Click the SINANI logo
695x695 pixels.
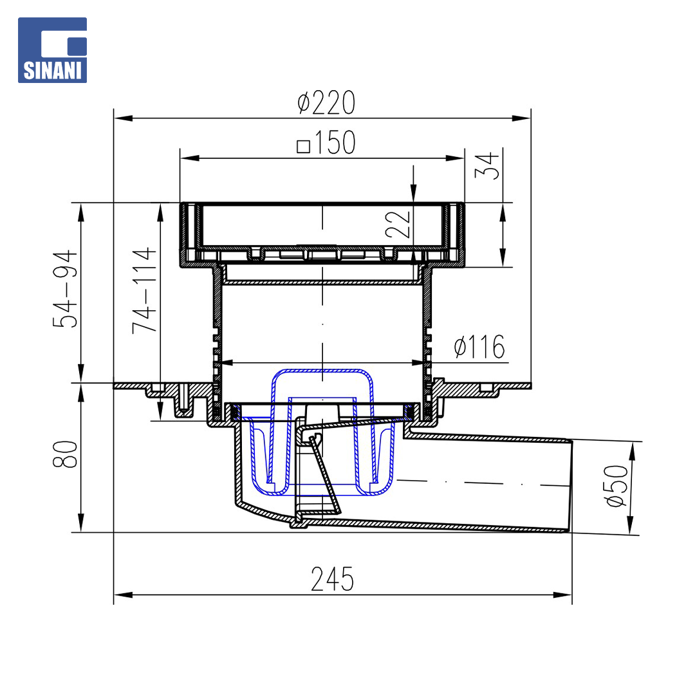pyautogui.click(x=52, y=50)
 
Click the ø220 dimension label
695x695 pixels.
pyautogui.click(x=326, y=103)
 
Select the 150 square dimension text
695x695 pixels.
pyautogui.click(x=326, y=143)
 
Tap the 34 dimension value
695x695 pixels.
pyautogui.click(x=486, y=166)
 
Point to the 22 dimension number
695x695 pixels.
pyautogui.click(x=398, y=225)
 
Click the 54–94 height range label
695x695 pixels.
pyautogui.click(x=65, y=289)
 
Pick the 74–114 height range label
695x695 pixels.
pyautogui.click(x=145, y=290)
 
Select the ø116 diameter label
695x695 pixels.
pyautogui.click(x=479, y=347)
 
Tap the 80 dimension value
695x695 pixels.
pyautogui.click(x=65, y=454)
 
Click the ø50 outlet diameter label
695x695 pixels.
pyautogui.click(x=616, y=486)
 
